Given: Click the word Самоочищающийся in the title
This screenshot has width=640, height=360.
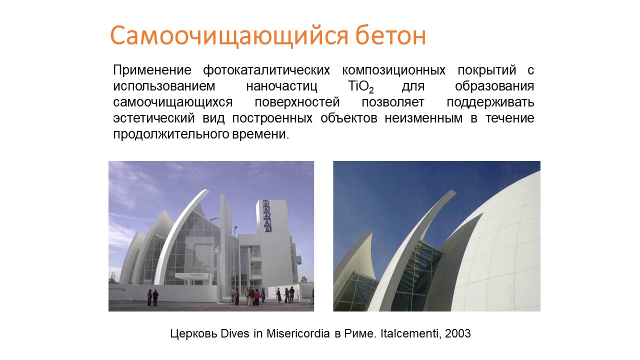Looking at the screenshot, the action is tap(229, 36).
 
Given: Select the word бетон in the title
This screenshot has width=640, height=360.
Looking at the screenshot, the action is tap(390, 35).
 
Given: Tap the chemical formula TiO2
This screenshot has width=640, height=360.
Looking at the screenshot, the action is tap(361, 86).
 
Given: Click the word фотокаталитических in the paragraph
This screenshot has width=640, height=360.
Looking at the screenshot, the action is tap(266, 70).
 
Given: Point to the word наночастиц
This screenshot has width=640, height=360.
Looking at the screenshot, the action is tap(281, 86).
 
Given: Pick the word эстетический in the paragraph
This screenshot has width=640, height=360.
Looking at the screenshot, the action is tap(154, 118).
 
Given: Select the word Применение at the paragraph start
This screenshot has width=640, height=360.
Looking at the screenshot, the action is tap(152, 70).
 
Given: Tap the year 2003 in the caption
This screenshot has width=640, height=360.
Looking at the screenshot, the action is tap(457, 333).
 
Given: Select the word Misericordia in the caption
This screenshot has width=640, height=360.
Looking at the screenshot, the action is tap(298, 333).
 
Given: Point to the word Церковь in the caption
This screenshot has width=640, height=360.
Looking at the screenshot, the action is tap(193, 334).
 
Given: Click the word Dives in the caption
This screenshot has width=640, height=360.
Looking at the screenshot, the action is tap(235, 333).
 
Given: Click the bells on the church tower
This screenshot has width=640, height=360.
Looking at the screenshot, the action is tap(266, 215).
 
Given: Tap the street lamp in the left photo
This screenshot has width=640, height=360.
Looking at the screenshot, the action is tap(235, 257).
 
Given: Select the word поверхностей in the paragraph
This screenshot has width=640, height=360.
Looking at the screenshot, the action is tap(297, 102).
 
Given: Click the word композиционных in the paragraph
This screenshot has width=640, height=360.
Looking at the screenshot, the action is tap(393, 70).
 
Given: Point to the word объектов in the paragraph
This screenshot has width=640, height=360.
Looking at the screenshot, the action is tap(349, 118).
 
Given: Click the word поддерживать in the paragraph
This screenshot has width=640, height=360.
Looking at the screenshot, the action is tap(490, 102).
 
